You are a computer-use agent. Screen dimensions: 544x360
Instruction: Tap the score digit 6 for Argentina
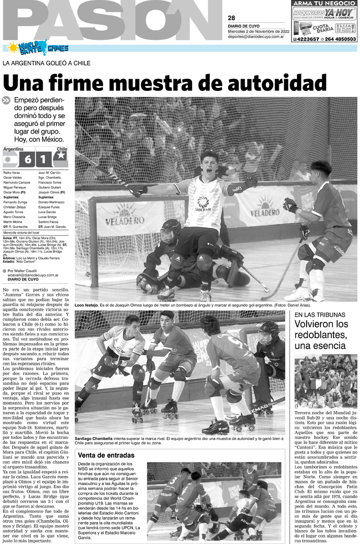[x=27, y=160]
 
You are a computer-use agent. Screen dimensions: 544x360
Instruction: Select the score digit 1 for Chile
[x=44, y=160]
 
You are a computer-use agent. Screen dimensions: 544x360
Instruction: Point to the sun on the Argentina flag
[x=8, y=159]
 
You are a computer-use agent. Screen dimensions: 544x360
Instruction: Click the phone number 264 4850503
[x=340, y=39]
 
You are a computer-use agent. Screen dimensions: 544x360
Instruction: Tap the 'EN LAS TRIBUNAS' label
[x=318, y=315]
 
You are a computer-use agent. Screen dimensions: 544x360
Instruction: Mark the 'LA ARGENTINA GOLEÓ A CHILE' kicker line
[x=47, y=63]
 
